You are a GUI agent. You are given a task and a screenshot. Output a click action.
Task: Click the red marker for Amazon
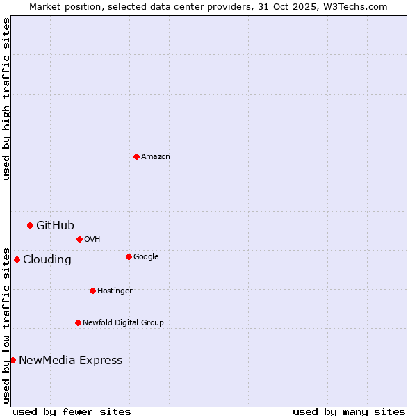pos(136,156)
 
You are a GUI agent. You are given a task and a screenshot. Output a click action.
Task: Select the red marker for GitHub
pos(30,225)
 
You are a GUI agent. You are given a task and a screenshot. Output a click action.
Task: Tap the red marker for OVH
pos(79,239)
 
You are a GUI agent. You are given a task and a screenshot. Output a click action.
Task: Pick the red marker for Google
pos(129,256)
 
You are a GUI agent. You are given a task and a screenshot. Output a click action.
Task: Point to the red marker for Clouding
pos(17,259)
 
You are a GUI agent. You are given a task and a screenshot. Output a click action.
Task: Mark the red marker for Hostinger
pos(92,291)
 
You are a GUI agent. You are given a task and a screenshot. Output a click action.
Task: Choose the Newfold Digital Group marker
pos(78,322)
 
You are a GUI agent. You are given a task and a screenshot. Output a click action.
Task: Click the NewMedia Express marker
pos(13,360)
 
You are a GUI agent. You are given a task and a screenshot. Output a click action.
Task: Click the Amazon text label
pos(155,156)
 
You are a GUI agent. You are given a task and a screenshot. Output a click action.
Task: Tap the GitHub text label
pos(55,225)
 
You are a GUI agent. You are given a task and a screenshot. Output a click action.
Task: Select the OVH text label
pos(92,239)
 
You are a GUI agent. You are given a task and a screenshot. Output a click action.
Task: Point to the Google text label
pos(146,256)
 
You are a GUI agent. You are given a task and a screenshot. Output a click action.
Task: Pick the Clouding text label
pos(47,259)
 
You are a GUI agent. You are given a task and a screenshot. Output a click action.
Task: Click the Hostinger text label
pos(115,291)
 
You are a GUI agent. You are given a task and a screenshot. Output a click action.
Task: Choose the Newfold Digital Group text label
pos(123,322)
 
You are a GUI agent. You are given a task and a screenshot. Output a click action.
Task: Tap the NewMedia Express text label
pos(70,360)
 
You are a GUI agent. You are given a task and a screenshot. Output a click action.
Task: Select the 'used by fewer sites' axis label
pos(72,411)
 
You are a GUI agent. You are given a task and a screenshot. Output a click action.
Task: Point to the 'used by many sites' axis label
pos(349,411)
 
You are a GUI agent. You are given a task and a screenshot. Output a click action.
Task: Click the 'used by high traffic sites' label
pos(6,99)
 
